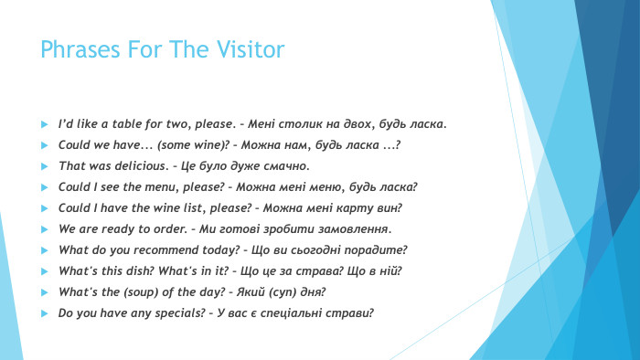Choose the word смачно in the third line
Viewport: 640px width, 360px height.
pos(288,165)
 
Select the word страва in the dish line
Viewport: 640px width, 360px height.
pos(318,270)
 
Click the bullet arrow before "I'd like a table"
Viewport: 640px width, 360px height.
pos(44,123)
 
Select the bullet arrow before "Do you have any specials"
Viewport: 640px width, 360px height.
pos(44,312)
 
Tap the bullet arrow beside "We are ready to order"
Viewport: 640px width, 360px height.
pos(44,228)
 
